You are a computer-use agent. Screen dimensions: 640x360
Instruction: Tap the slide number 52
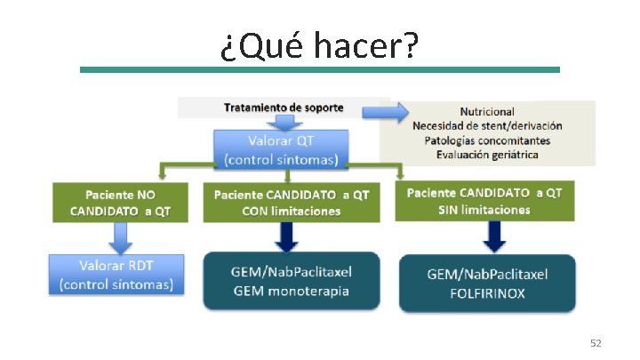596,342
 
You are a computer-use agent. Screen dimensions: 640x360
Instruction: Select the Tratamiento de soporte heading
284,108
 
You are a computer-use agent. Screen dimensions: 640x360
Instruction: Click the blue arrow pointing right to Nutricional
396,112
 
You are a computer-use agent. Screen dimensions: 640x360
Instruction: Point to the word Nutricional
486,112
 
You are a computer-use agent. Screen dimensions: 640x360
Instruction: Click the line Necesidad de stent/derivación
486,126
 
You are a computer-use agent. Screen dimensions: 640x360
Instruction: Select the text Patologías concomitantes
486,140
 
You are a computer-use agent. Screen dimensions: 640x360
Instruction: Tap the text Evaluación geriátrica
486,155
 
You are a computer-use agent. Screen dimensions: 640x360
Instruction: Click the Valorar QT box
282,149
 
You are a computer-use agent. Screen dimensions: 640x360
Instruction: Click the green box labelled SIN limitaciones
484,202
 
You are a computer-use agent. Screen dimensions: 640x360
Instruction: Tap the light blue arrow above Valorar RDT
118,237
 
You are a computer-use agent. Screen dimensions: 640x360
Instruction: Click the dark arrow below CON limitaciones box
286,236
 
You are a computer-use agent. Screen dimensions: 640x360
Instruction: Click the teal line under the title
319,69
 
